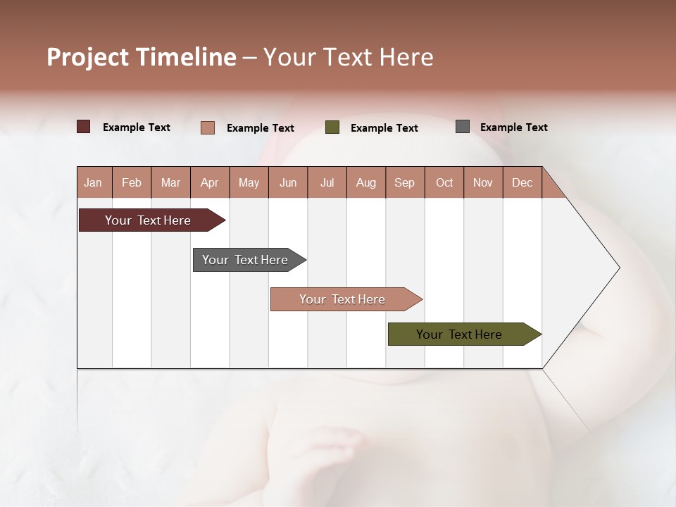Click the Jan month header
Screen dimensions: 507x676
[94, 182]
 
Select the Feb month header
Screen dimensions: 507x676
[132, 182]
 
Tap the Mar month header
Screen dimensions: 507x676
[170, 182]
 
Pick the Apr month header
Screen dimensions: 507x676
[209, 182]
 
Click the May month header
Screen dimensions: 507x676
[249, 182]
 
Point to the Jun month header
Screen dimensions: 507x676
[288, 182]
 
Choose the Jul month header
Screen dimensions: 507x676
[327, 182]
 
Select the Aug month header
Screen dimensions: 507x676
[366, 182]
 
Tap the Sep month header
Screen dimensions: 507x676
[405, 182]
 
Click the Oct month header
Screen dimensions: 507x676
[444, 182]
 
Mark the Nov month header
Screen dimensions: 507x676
[483, 182]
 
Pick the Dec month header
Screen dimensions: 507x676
[522, 182]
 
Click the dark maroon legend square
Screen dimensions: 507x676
[84, 127]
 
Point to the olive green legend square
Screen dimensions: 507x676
[332, 127]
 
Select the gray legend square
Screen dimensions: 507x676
[463, 127]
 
